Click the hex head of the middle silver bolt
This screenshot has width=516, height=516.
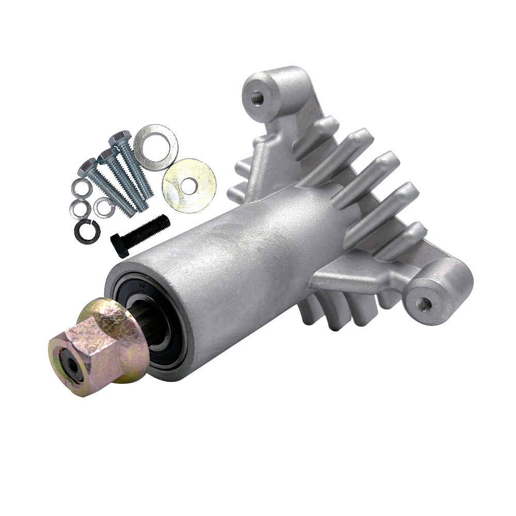coord(106,155)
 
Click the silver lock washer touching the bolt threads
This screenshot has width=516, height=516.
coord(103,206)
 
